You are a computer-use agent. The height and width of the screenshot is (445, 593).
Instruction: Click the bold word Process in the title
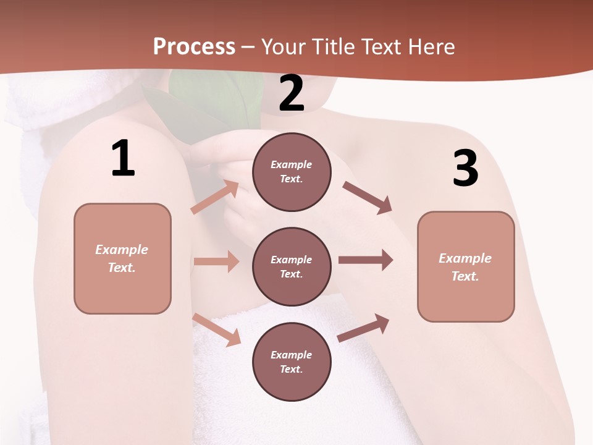click(194, 47)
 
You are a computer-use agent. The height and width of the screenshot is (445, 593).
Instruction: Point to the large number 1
click(123, 159)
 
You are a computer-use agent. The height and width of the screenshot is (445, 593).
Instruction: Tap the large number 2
click(292, 93)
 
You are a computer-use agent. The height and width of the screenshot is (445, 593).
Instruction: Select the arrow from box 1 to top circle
click(215, 197)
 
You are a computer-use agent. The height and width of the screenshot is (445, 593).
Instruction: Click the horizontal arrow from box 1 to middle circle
click(216, 261)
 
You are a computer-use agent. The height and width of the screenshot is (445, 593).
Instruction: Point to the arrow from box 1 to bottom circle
click(217, 329)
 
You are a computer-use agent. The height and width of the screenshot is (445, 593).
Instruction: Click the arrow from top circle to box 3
click(367, 198)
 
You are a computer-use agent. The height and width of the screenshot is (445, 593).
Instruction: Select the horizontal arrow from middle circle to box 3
click(366, 260)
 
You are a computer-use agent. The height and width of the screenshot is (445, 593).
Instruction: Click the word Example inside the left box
click(122, 250)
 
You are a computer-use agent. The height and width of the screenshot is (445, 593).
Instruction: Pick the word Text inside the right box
click(465, 276)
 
